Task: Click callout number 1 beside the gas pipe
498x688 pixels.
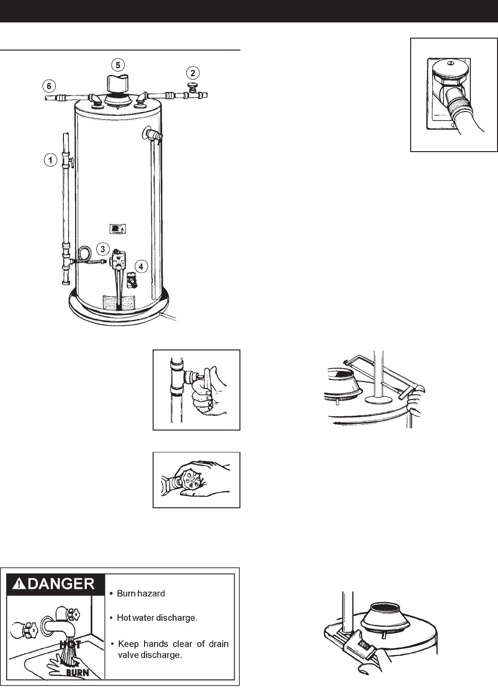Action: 49,160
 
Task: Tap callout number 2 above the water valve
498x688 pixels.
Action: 192,73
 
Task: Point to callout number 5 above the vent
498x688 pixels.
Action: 119,64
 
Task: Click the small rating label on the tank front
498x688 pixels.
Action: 117,230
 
